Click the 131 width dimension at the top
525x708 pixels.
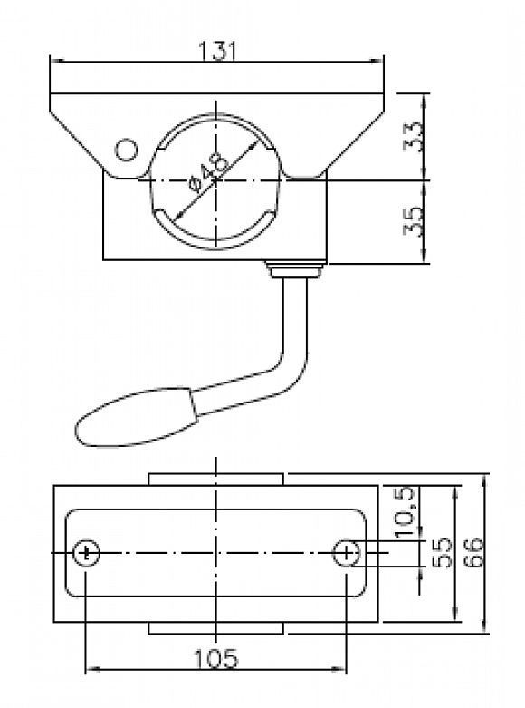pyautogui.click(x=217, y=51)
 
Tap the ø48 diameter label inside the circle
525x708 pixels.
pyautogui.click(x=209, y=171)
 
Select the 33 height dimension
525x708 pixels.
pyautogui.click(x=414, y=136)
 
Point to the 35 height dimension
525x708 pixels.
pyautogui.click(x=414, y=221)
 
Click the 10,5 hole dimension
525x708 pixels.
pyautogui.click(x=404, y=512)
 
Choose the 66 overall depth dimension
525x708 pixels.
pyautogui.click(x=473, y=552)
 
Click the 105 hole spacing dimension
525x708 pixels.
pyautogui.click(x=215, y=659)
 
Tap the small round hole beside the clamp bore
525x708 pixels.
pyautogui.click(x=126, y=150)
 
